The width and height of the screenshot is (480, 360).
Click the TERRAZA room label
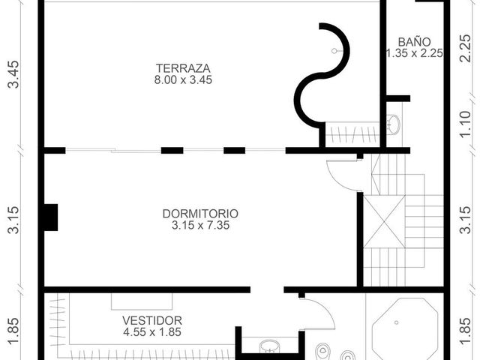pyautogui.click(x=183, y=68)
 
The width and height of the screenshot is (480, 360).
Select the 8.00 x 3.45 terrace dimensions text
pyautogui.click(x=183, y=80)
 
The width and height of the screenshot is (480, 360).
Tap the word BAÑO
pyautogui.click(x=414, y=42)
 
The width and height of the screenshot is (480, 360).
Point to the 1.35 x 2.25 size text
pyautogui.click(x=414, y=53)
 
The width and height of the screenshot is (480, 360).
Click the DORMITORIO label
pyautogui.click(x=200, y=214)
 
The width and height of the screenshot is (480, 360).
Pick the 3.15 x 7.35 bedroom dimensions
pyautogui.click(x=200, y=225)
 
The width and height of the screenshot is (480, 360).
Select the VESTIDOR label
pyautogui.click(x=152, y=320)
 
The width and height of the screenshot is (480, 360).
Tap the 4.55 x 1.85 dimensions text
pyautogui.click(x=152, y=331)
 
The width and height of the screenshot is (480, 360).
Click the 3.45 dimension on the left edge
pyautogui.click(x=14, y=74)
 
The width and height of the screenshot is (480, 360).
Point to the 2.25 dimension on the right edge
pyautogui.click(x=465, y=48)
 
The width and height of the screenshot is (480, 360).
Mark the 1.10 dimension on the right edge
pyautogui.click(x=465, y=124)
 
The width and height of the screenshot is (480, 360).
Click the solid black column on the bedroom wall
pyautogui.click(x=51, y=217)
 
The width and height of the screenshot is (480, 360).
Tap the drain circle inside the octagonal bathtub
pyautogui.click(x=397, y=322)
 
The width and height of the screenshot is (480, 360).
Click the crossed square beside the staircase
pyautogui.click(x=385, y=222)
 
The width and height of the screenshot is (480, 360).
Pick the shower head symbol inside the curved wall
pyautogui.click(x=334, y=51)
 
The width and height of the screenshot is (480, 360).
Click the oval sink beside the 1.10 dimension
pyautogui.click(x=394, y=124)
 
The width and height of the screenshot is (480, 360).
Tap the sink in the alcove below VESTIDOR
pyautogui.click(x=269, y=347)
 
